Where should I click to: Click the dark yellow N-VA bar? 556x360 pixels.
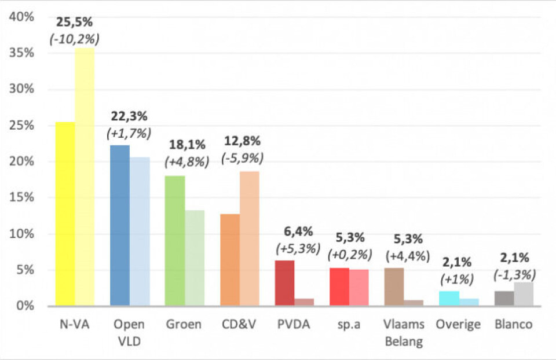[65, 214]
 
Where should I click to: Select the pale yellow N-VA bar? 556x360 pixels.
[85, 177]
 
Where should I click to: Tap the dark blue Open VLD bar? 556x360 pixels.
[120, 226]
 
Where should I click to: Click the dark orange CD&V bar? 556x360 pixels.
[229, 260]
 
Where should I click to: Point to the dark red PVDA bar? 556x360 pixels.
[284, 283]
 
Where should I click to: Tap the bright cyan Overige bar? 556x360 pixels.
[449, 299]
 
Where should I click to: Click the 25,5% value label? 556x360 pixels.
[74, 23]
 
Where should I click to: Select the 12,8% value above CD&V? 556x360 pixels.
[242, 141]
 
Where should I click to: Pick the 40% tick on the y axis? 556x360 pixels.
[21, 17]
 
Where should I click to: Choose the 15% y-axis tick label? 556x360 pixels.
[21, 198]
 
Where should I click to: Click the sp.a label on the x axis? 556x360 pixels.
[349, 325]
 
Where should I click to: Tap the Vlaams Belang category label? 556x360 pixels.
[404, 333]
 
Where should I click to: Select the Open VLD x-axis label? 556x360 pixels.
[129, 333]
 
